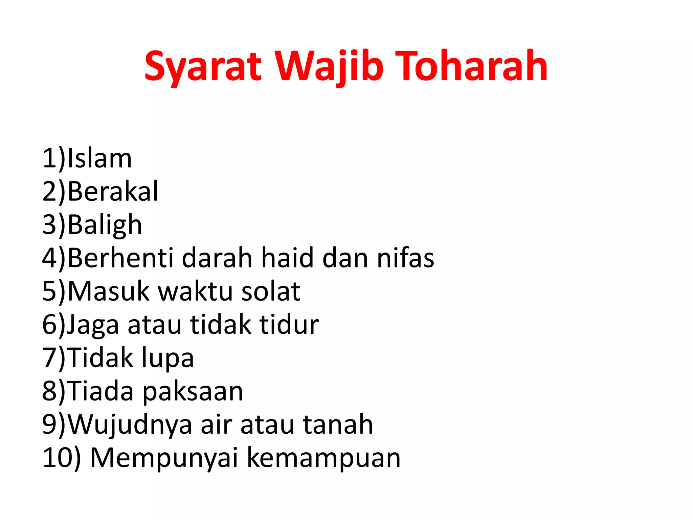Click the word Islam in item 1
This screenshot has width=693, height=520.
[x=99, y=158]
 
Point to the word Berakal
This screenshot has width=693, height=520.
[x=113, y=191]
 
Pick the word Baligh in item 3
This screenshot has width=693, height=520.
[x=105, y=225]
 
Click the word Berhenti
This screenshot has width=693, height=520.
[x=120, y=258]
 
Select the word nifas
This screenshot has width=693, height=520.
[x=405, y=258]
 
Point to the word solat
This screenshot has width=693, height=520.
[x=270, y=291]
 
